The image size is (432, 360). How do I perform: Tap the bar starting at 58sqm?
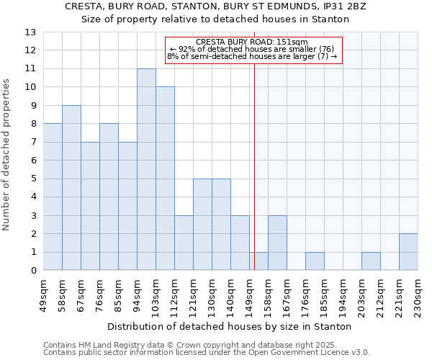click(x=71, y=188)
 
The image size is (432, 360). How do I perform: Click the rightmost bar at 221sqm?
click(x=408, y=252)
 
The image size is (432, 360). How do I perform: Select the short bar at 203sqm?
click(x=371, y=261)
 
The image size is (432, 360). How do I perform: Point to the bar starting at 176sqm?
click(x=315, y=261)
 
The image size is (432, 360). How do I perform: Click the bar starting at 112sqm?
click(x=184, y=243)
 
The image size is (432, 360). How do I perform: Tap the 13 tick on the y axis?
click(x=31, y=32)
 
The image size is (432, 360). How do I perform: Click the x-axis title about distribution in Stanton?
click(x=230, y=326)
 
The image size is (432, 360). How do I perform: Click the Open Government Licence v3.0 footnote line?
click(x=207, y=352)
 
